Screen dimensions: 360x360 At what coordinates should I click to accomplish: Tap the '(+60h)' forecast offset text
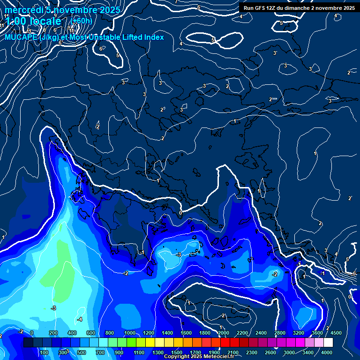82,21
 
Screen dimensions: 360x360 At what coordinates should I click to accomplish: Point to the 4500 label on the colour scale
336,333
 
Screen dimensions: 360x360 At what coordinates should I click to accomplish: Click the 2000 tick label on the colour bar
224,333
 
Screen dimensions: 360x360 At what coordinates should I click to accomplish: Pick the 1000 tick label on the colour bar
129,333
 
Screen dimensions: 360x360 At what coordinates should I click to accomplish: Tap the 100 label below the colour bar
45,352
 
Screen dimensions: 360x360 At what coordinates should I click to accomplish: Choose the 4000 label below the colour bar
327,352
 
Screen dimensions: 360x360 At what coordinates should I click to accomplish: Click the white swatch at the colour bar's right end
328,343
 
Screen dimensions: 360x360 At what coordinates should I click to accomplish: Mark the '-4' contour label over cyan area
80,319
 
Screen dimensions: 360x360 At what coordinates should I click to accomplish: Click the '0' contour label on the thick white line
180,213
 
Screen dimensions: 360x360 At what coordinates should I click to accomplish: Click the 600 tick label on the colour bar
91,333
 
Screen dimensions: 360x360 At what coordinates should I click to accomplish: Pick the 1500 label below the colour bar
177,352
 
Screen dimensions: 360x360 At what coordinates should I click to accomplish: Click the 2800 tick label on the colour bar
280,333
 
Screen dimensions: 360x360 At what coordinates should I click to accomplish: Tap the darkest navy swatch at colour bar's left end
28,343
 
